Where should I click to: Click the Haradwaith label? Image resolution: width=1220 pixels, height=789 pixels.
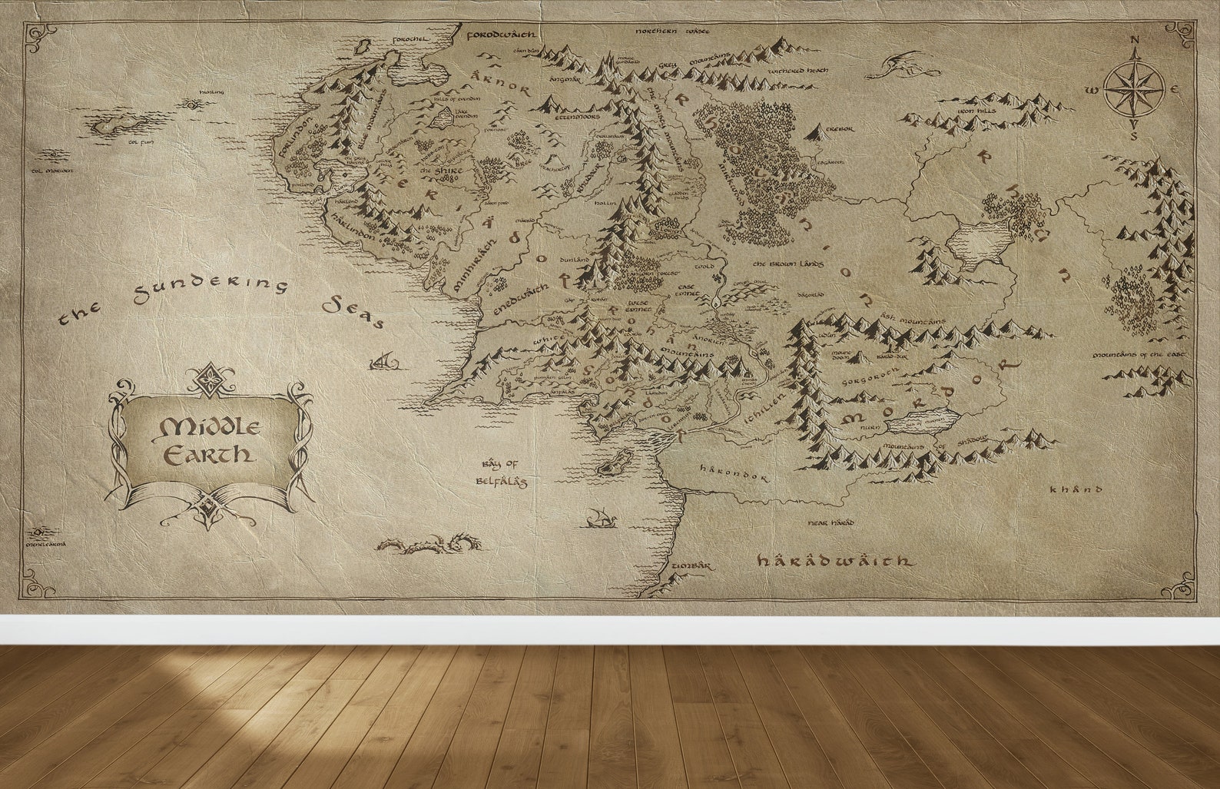point(834,561)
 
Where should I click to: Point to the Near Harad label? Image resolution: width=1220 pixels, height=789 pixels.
point(830,522)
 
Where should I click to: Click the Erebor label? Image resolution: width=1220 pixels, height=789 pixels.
point(839,130)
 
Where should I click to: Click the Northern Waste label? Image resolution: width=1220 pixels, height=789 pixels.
point(672,31)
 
